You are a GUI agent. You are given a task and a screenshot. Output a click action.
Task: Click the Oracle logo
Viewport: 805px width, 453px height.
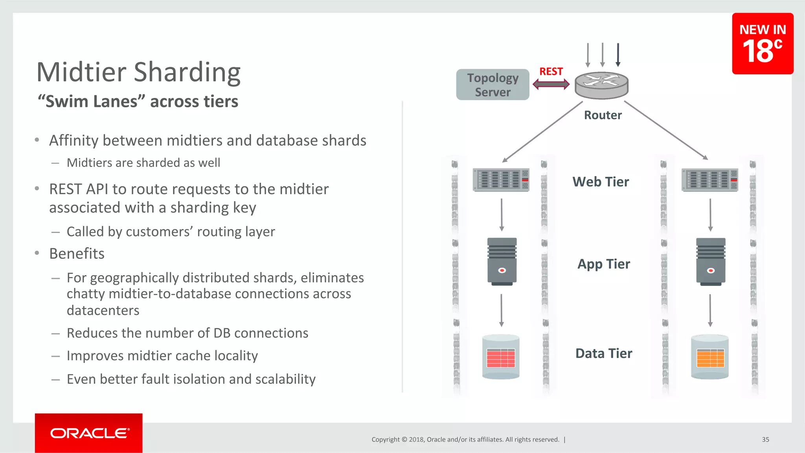point(89,433)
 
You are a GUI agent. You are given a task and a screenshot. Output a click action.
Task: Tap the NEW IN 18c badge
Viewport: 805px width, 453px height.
point(762,44)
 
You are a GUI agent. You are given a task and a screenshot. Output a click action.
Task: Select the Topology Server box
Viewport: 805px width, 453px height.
point(493,84)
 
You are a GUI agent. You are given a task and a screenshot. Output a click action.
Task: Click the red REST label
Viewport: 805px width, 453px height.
point(551,72)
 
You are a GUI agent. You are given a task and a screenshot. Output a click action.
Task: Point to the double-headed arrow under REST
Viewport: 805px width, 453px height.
point(551,84)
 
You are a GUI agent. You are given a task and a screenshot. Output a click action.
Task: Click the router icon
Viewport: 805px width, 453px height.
point(601,85)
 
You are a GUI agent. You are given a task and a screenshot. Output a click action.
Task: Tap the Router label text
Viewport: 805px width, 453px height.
point(603,115)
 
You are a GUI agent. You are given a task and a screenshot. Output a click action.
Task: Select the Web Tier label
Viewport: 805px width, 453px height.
point(601,182)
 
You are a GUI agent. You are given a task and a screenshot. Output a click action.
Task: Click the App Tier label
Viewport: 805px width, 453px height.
point(603,264)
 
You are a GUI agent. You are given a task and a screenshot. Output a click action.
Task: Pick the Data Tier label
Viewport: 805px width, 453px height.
point(604,354)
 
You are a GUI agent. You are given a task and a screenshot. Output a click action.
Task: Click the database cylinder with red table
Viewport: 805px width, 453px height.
point(501,357)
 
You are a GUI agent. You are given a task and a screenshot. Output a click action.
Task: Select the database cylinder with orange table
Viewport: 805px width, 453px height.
point(710,357)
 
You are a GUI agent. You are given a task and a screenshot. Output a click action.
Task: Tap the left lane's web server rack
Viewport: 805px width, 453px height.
point(501,180)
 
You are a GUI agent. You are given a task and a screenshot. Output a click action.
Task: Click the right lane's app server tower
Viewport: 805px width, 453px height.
point(711,261)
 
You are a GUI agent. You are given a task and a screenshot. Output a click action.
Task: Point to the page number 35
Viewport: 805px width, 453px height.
point(765,440)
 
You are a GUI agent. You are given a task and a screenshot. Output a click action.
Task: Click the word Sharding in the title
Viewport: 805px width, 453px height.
point(187,73)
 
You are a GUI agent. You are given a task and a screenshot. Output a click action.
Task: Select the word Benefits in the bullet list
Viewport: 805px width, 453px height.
point(77,254)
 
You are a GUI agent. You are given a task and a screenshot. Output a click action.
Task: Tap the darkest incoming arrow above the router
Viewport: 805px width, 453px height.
point(618,55)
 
